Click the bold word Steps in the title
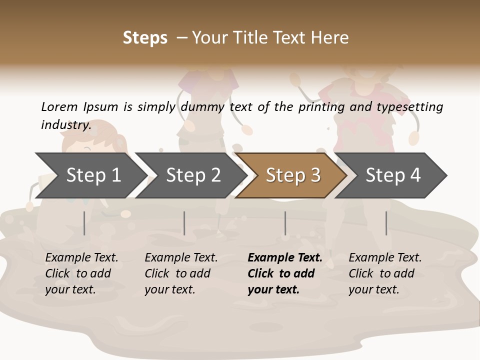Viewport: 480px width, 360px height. point(145,38)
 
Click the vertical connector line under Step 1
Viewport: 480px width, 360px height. point(84,223)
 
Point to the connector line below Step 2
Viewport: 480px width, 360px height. point(184,223)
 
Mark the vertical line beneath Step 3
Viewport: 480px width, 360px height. point(285,223)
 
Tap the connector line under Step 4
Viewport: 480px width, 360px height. point(386,223)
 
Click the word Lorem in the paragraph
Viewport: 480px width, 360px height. point(59,106)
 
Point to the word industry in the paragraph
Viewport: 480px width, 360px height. point(65,124)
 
